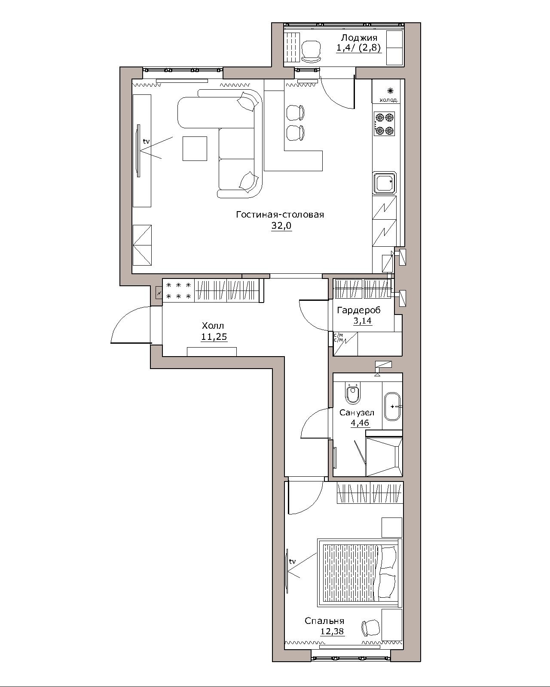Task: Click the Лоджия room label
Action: pyautogui.click(x=359, y=38)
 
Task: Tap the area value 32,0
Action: pyautogui.click(x=281, y=226)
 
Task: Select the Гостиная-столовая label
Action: pyautogui.click(x=280, y=214)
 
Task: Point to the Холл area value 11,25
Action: pyautogui.click(x=214, y=336)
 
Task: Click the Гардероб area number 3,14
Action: pyautogui.click(x=363, y=320)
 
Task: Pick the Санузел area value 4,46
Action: pyautogui.click(x=360, y=423)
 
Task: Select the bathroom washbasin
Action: pyautogui.click(x=392, y=406)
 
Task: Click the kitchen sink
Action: pyautogui.click(x=385, y=183)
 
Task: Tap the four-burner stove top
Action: pyautogui.click(x=385, y=124)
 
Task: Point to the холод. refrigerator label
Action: pyautogui.click(x=389, y=100)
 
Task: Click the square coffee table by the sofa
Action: pyautogui.click(x=195, y=148)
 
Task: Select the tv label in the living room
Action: pyautogui.click(x=146, y=141)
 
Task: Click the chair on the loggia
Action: pyautogui.click(x=311, y=51)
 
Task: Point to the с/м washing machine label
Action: pyautogui.click(x=338, y=337)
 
